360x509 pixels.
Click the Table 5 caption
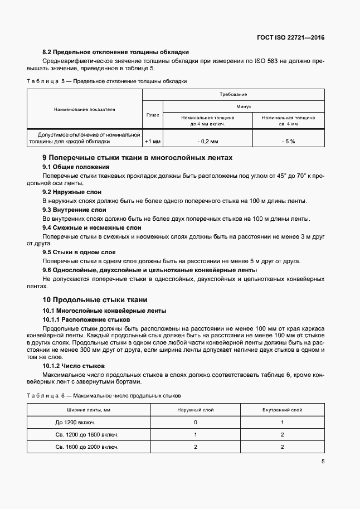tap(106, 81)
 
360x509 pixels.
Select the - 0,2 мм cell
tap(207, 142)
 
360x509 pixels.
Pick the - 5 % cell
tap(288, 142)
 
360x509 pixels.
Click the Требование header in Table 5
tap(233, 95)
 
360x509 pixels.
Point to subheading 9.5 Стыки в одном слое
tap(79, 253)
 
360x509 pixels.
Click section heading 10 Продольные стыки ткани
tap(95, 300)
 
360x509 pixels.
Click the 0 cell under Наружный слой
tap(196, 423)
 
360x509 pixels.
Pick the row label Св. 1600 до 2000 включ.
tap(87, 447)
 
